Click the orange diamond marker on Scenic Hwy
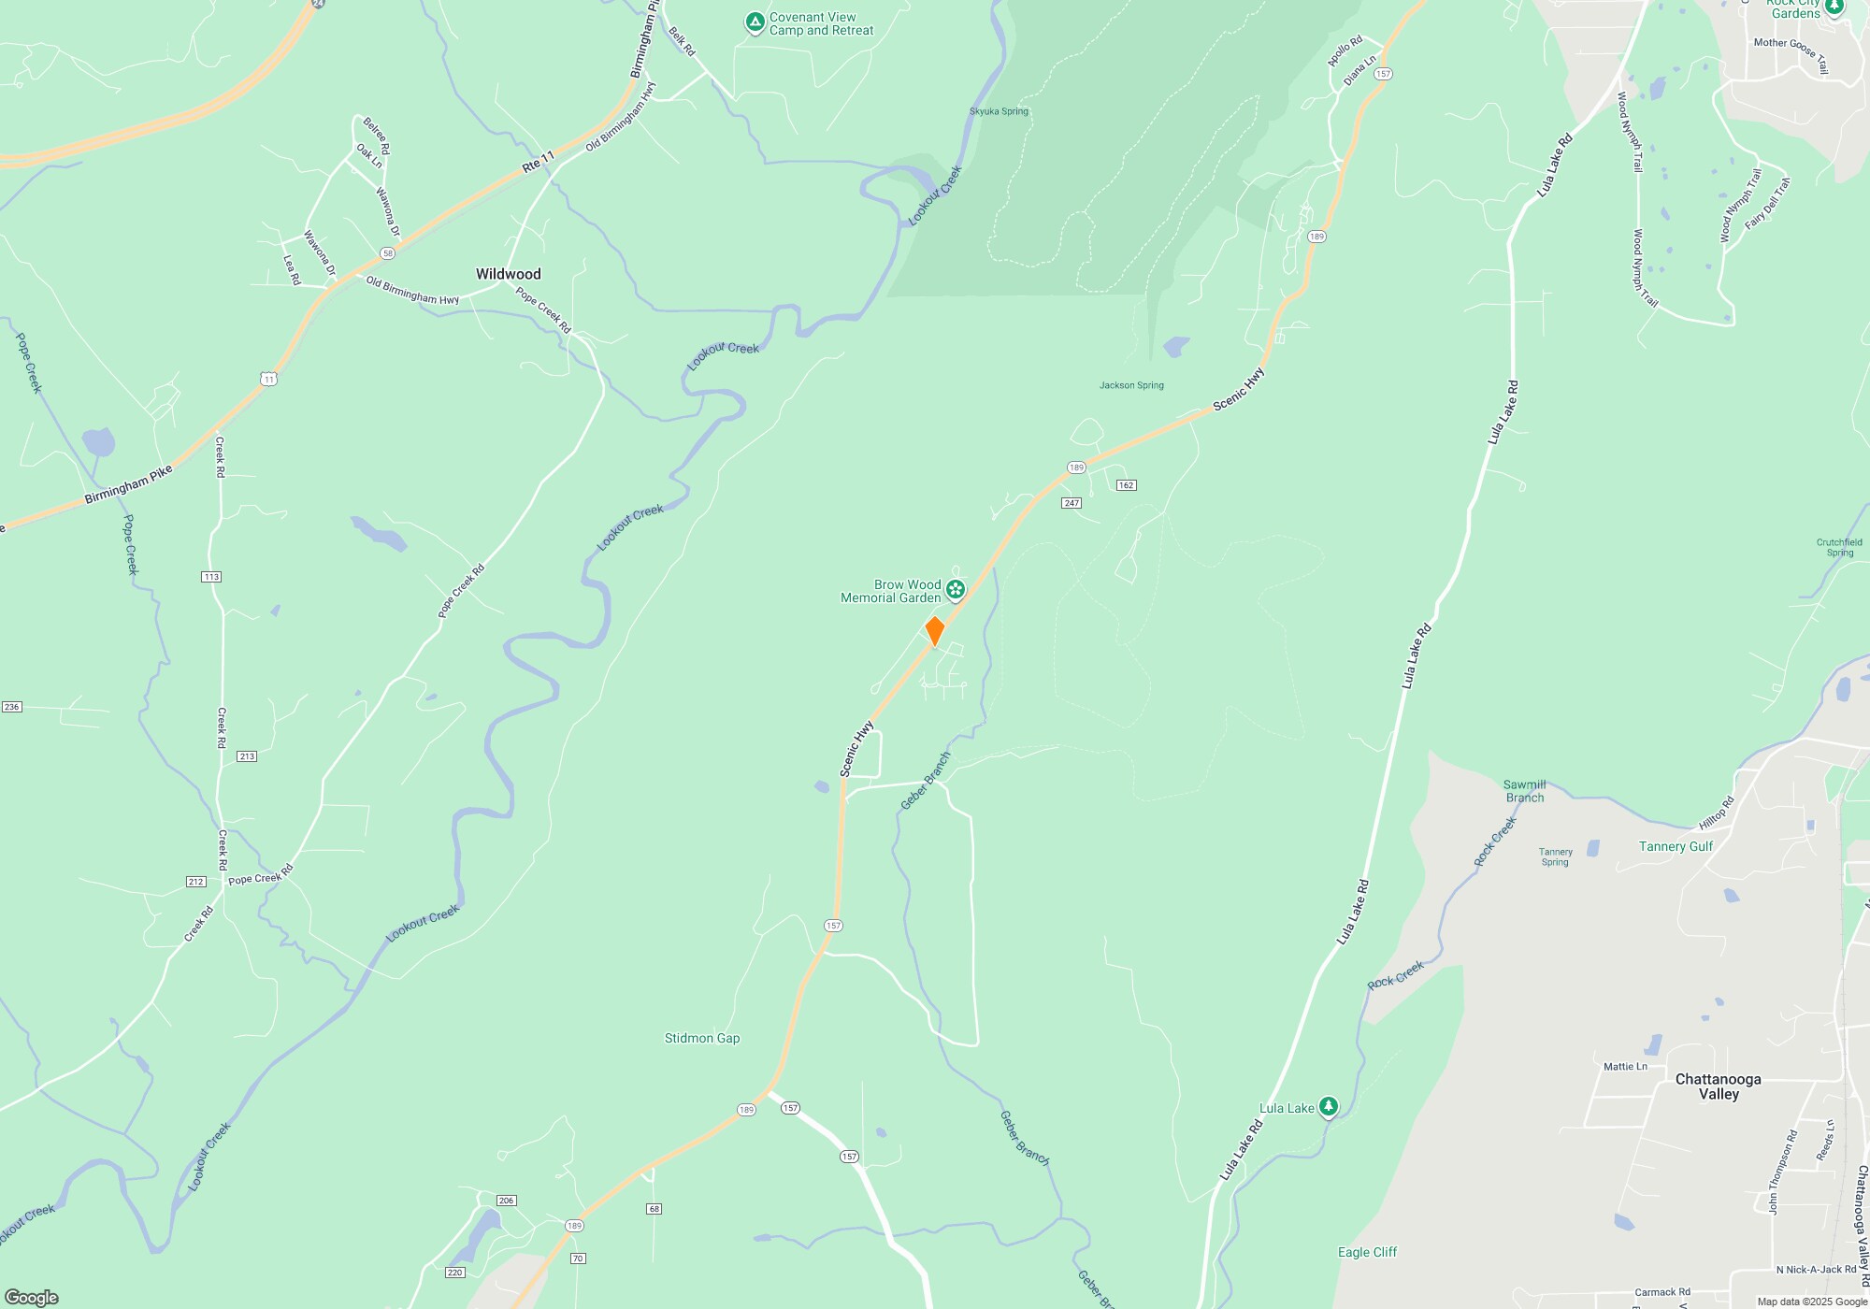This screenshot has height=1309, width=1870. (x=934, y=631)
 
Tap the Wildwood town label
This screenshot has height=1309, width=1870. (x=508, y=274)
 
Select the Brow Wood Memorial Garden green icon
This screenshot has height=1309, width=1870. (x=955, y=589)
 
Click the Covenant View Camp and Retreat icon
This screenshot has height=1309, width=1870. (x=755, y=22)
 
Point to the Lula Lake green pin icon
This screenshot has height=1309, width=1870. (x=1328, y=1107)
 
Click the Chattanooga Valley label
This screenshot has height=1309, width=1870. (x=1718, y=1086)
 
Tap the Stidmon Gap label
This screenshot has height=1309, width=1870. (x=701, y=1038)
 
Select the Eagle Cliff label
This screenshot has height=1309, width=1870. (x=1367, y=1252)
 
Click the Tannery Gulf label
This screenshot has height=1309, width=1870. (x=1676, y=846)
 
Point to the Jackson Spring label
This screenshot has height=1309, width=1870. (x=1131, y=385)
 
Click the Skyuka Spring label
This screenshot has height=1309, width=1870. (x=999, y=111)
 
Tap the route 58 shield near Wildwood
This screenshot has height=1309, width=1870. (x=387, y=253)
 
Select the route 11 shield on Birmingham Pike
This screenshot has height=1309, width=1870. (x=269, y=379)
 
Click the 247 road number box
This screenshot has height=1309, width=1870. (x=1072, y=503)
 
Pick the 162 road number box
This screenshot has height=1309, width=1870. (x=1126, y=485)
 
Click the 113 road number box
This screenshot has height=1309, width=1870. (x=211, y=577)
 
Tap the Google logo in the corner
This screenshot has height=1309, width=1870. (x=31, y=1297)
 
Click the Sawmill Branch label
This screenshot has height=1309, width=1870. (x=1524, y=791)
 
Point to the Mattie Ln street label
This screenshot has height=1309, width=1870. (x=1625, y=1066)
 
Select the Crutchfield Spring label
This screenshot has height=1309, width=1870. (x=1839, y=547)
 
